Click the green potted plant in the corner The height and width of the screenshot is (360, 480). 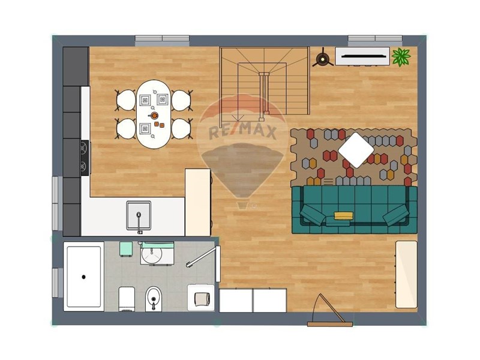tap(401, 57)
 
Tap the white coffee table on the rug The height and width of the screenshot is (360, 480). tap(356, 149)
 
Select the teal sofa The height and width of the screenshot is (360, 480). tap(354, 209)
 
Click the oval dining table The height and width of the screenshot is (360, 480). tap(154, 114)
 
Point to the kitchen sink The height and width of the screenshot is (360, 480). tap(139, 215)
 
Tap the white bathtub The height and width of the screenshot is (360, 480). tap(84, 275)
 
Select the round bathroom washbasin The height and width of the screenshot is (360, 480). tap(152, 255)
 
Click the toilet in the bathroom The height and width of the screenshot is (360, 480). tap(153, 298)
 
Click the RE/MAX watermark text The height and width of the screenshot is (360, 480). tap(243, 131)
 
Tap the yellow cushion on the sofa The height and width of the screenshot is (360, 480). tap(342, 214)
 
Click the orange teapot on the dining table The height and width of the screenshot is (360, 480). tap(154, 115)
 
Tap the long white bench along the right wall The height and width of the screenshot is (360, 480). tap(406, 274)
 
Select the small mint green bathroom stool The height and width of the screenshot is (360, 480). tap(127, 248)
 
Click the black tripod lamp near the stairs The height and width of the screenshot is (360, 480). tap(323, 58)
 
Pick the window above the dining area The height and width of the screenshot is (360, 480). tap(162, 40)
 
